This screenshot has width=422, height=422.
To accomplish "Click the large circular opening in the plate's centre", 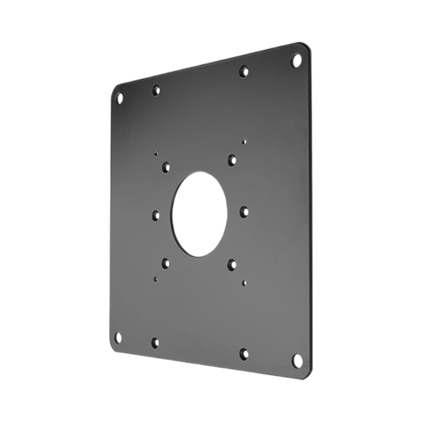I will (199, 214).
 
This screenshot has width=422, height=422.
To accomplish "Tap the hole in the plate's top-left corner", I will (119, 98).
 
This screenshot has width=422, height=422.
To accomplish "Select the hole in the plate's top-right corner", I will (295, 61).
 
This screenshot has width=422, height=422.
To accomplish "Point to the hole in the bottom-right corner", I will (296, 359).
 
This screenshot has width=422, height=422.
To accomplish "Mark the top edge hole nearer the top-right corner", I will (243, 71).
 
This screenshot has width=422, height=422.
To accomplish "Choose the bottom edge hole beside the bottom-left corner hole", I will (155, 343).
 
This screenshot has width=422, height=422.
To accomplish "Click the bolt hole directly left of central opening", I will (156, 215).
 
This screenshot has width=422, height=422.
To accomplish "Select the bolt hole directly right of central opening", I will (244, 211).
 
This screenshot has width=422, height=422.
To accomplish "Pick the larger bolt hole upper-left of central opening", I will (166, 166).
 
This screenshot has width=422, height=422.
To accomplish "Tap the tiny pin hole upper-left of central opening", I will (155, 153).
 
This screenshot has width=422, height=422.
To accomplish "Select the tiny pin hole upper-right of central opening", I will (243, 141).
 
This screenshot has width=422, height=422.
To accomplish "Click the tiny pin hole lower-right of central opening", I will (243, 282).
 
